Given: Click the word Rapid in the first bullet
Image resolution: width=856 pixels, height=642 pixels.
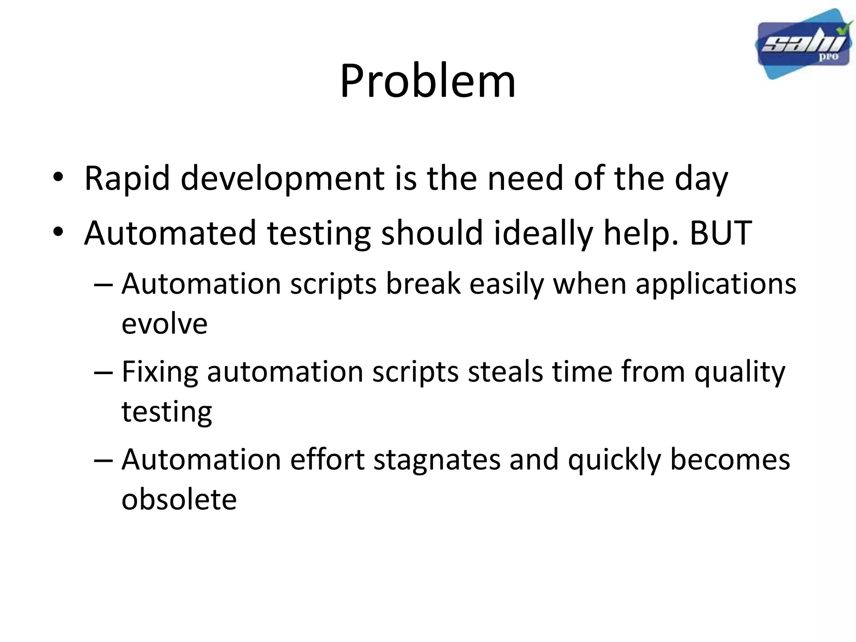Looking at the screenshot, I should (127, 178).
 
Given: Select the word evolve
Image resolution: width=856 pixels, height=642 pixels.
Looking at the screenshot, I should (164, 324).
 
